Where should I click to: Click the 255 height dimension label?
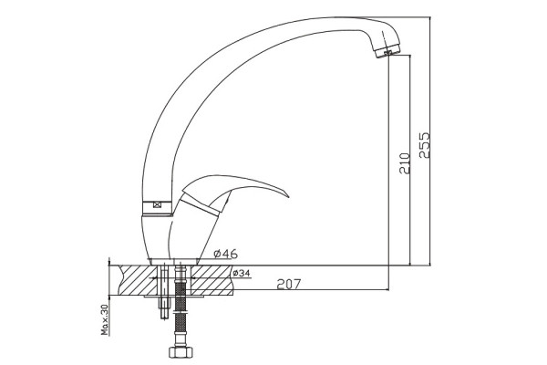click(x=425, y=145)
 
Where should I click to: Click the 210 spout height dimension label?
click(x=405, y=163)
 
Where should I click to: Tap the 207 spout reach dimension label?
click(x=288, y=285)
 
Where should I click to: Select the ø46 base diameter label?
click(x=226, y=254)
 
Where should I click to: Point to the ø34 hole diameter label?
click(x=242, y=273)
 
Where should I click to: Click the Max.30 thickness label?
click(x=105, y=319)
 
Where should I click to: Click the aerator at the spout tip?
click(x=387, y=51)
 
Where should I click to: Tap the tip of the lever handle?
click(x=288, y=196)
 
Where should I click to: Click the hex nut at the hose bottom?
click(x=181, y=352)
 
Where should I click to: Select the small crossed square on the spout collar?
click(x=157, y=205)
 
